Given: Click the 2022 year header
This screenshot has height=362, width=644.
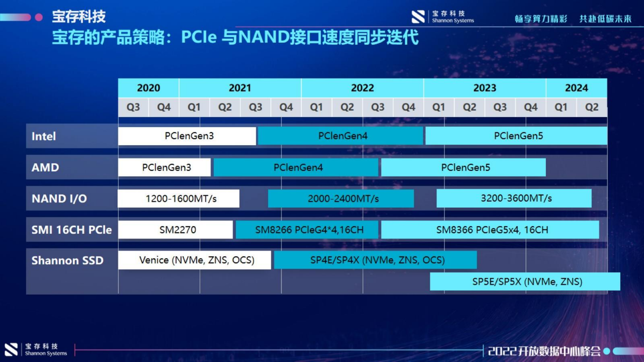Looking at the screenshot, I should click(362, 88).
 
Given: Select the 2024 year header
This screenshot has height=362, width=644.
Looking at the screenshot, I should click(576, 88).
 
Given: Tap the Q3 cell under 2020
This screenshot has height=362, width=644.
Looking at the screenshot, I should click(133, 107).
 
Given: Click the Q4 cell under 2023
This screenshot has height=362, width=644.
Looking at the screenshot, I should click(530, 107).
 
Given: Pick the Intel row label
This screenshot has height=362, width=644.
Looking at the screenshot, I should click(44, 136).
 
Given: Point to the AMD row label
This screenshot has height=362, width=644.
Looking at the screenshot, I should click(45, 167).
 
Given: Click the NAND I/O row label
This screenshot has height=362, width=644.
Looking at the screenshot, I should click(59, 199).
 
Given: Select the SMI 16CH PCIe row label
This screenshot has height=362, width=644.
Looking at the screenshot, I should click(71, 230).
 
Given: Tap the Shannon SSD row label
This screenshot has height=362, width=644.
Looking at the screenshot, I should click(67, 260).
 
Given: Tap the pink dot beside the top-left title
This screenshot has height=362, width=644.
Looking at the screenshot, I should click(39, 17).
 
